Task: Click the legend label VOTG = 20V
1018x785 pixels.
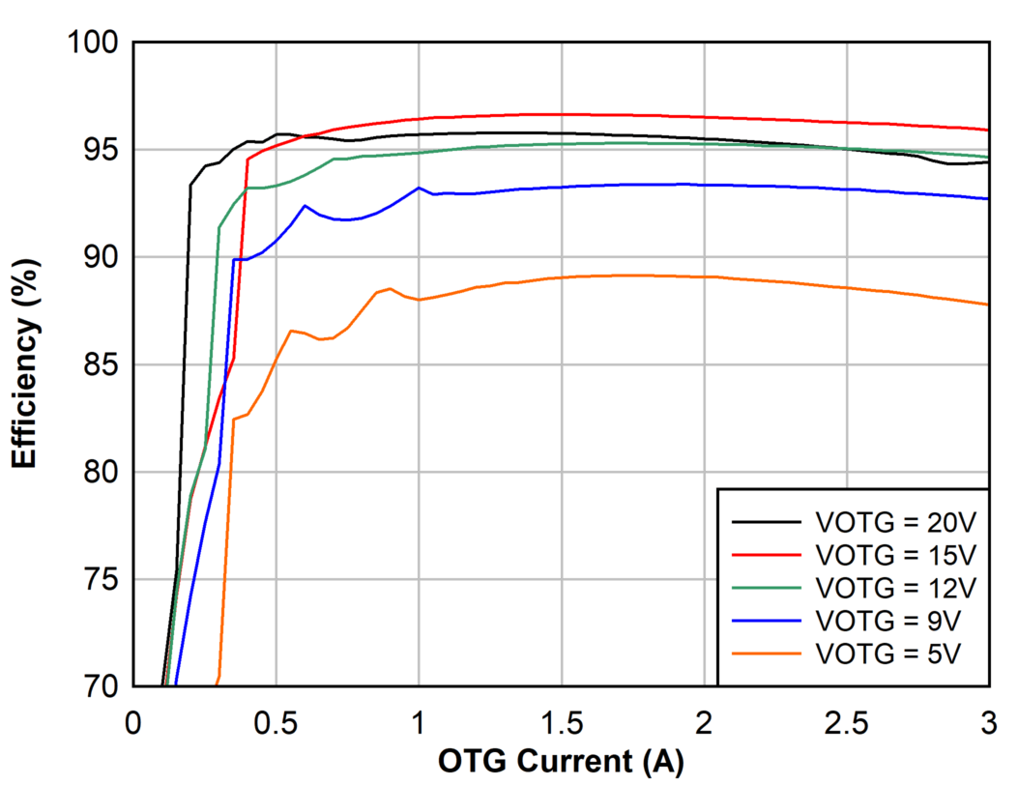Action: click(896, 522)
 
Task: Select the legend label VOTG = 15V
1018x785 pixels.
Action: click(896, 555)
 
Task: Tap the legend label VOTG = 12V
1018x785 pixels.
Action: click(896, 588)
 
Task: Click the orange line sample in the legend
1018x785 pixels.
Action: click(767, 654)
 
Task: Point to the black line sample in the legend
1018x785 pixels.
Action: click(767, 522)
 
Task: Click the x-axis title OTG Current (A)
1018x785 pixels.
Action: click(561, 763)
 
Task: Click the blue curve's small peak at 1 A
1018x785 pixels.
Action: click(419, 188)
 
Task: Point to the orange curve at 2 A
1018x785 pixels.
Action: click(704, 276)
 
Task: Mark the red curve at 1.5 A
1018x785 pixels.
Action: click(562, 114)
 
